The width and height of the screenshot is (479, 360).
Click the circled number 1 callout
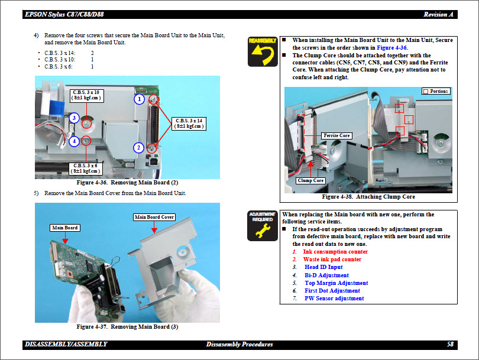coord(139,99)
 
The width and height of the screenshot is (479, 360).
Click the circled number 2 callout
coord(138,147)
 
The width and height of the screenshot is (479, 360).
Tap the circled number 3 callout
coord(74,118)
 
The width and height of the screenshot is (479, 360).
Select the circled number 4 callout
coord(73,141)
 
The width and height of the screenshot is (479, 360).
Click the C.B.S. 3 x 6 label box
coord(85,168)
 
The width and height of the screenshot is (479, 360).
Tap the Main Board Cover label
coord(154,217)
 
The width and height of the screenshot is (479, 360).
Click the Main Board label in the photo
coord(65,228)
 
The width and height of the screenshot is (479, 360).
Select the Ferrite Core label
coord(336,135)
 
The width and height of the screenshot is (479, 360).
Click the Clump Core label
coord(310,180)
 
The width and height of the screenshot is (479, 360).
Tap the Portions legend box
coord(436,91)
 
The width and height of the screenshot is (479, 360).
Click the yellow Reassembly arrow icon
coord(261,51)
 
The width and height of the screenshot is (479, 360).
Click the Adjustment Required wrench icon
coord(261,225)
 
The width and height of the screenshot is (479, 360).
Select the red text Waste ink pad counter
coord(332,260)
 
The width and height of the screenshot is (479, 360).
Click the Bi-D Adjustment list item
coord(326,275)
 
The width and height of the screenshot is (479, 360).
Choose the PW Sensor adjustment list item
coord(334,299)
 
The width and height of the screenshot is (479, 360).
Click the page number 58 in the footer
coord(451,344)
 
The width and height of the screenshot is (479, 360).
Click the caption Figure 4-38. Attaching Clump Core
coord(368,197)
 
